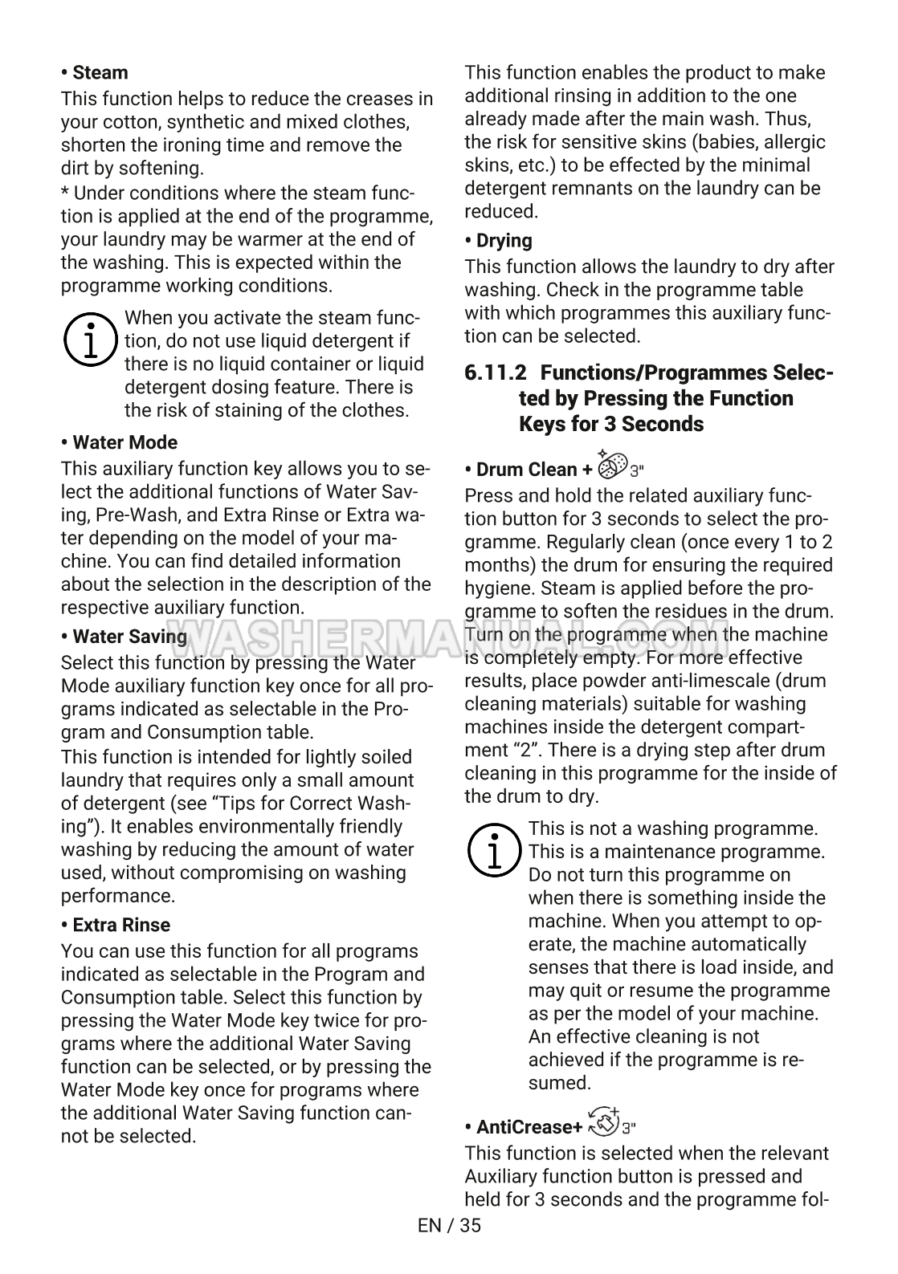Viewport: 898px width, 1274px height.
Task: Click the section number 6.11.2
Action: pyautogui.click(x=496, y=373)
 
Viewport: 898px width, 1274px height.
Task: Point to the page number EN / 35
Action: pyautogui.click(x=449, y=1225)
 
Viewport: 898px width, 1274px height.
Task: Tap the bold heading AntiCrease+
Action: pyautogui.click(x=529, y=1127)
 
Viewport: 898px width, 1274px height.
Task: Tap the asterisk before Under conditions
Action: pyautogui.click(x=66, y=193)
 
